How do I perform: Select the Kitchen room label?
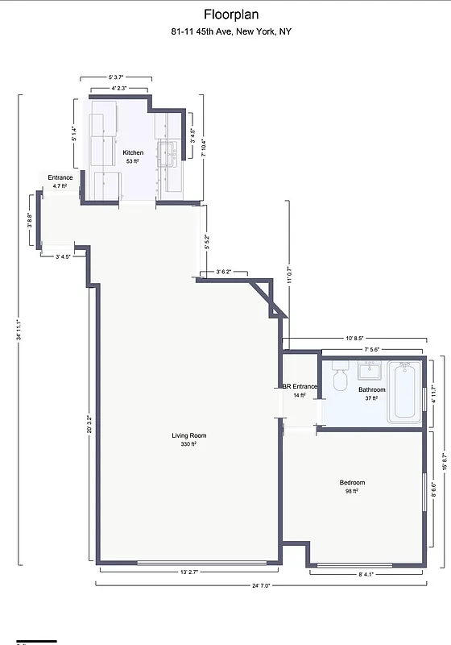point(133,152)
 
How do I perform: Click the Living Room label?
point(189,436)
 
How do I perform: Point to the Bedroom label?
point(350,483)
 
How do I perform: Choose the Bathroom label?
point(372,389)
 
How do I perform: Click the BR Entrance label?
point(300,387)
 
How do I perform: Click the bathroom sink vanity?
point(370,372)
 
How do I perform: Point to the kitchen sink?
point(168,153)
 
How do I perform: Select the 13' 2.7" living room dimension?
point(188,572)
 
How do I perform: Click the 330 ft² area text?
point(189,444)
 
